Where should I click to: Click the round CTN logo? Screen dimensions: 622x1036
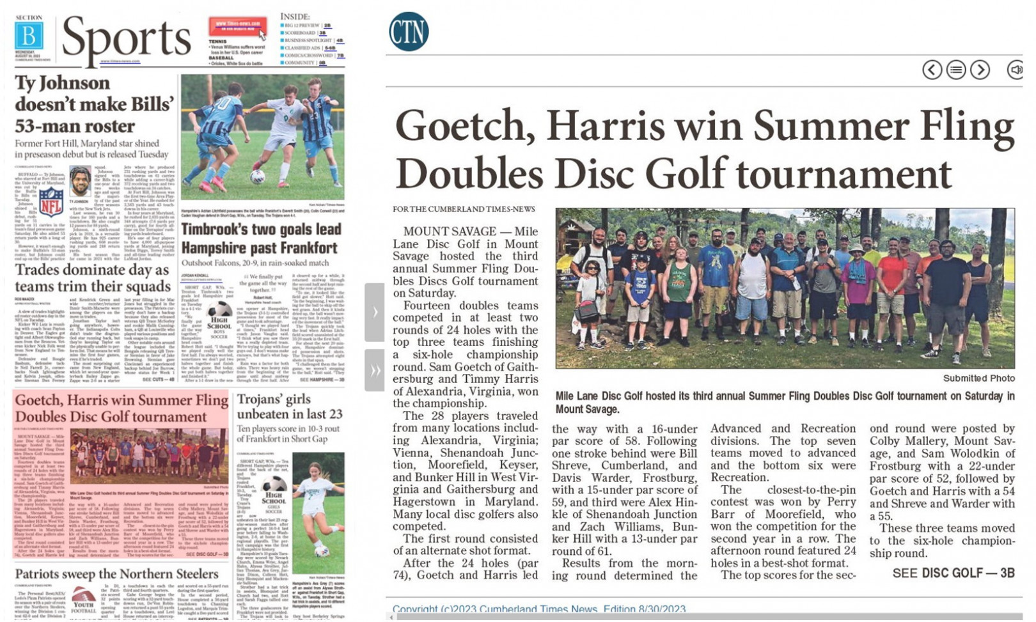pos(409,31)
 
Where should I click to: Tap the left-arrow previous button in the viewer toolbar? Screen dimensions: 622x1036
pos(932,69)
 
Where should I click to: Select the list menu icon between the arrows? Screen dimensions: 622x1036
pos(956,69)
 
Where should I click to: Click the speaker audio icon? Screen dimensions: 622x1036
pos(1015,69)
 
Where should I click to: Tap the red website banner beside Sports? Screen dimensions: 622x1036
pos(237,27)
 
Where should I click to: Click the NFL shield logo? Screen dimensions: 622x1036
pos(51,202)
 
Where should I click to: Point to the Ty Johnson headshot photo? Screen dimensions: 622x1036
pos(80,182)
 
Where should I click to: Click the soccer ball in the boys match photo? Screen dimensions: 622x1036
pos(258,176)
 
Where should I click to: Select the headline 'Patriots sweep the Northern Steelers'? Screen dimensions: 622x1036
pos(116,573)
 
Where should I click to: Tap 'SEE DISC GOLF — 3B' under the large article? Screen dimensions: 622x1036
pos(953,573)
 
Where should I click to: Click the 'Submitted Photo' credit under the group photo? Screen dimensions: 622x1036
pos(978,378)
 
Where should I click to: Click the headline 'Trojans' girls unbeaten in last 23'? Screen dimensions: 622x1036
pos(290,407)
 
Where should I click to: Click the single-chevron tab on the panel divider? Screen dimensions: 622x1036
pos(374,312)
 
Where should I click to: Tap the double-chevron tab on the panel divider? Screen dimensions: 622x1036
pos(374,370)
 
